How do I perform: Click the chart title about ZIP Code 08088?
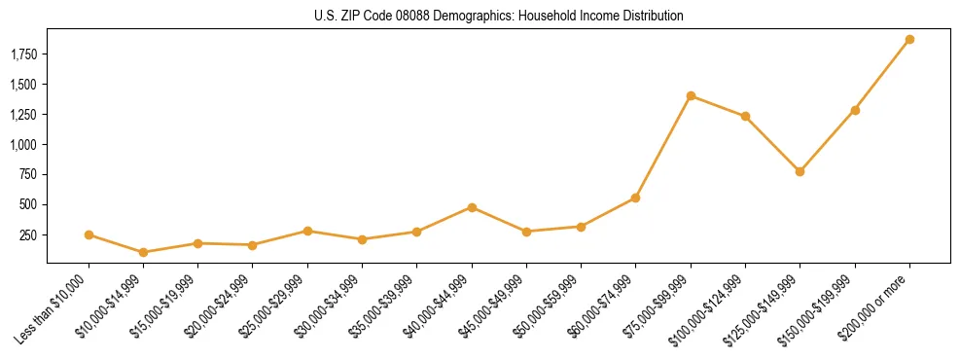point(499,16)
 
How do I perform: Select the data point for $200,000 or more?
point(909,40)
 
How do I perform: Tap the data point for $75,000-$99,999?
point(691,95)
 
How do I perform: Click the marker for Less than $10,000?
point(89,234)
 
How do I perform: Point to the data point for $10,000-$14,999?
point(144,252)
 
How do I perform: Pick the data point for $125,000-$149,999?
point(800,171)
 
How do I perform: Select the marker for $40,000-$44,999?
point(472,207)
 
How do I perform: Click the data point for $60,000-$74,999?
point(635,198)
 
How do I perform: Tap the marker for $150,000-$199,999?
point(855,110)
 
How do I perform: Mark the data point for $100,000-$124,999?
point(745,116)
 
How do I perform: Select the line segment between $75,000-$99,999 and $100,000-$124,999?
point(718,106)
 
